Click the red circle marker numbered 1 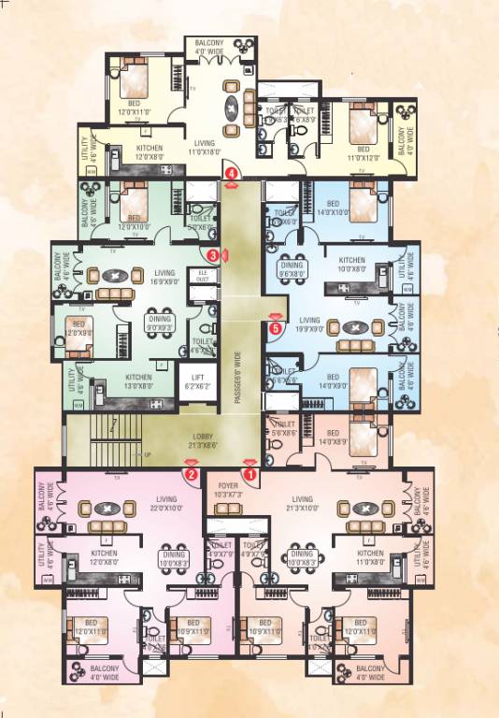[x=249, y=475]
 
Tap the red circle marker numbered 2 [x=190, y=475]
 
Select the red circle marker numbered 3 [x=213, y=254]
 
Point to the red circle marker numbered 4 [x=231, y=171]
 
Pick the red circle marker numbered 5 [x=275, y=328]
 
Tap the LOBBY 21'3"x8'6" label [x=210, y=443]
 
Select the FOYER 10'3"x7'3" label [x=228, y=490]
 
